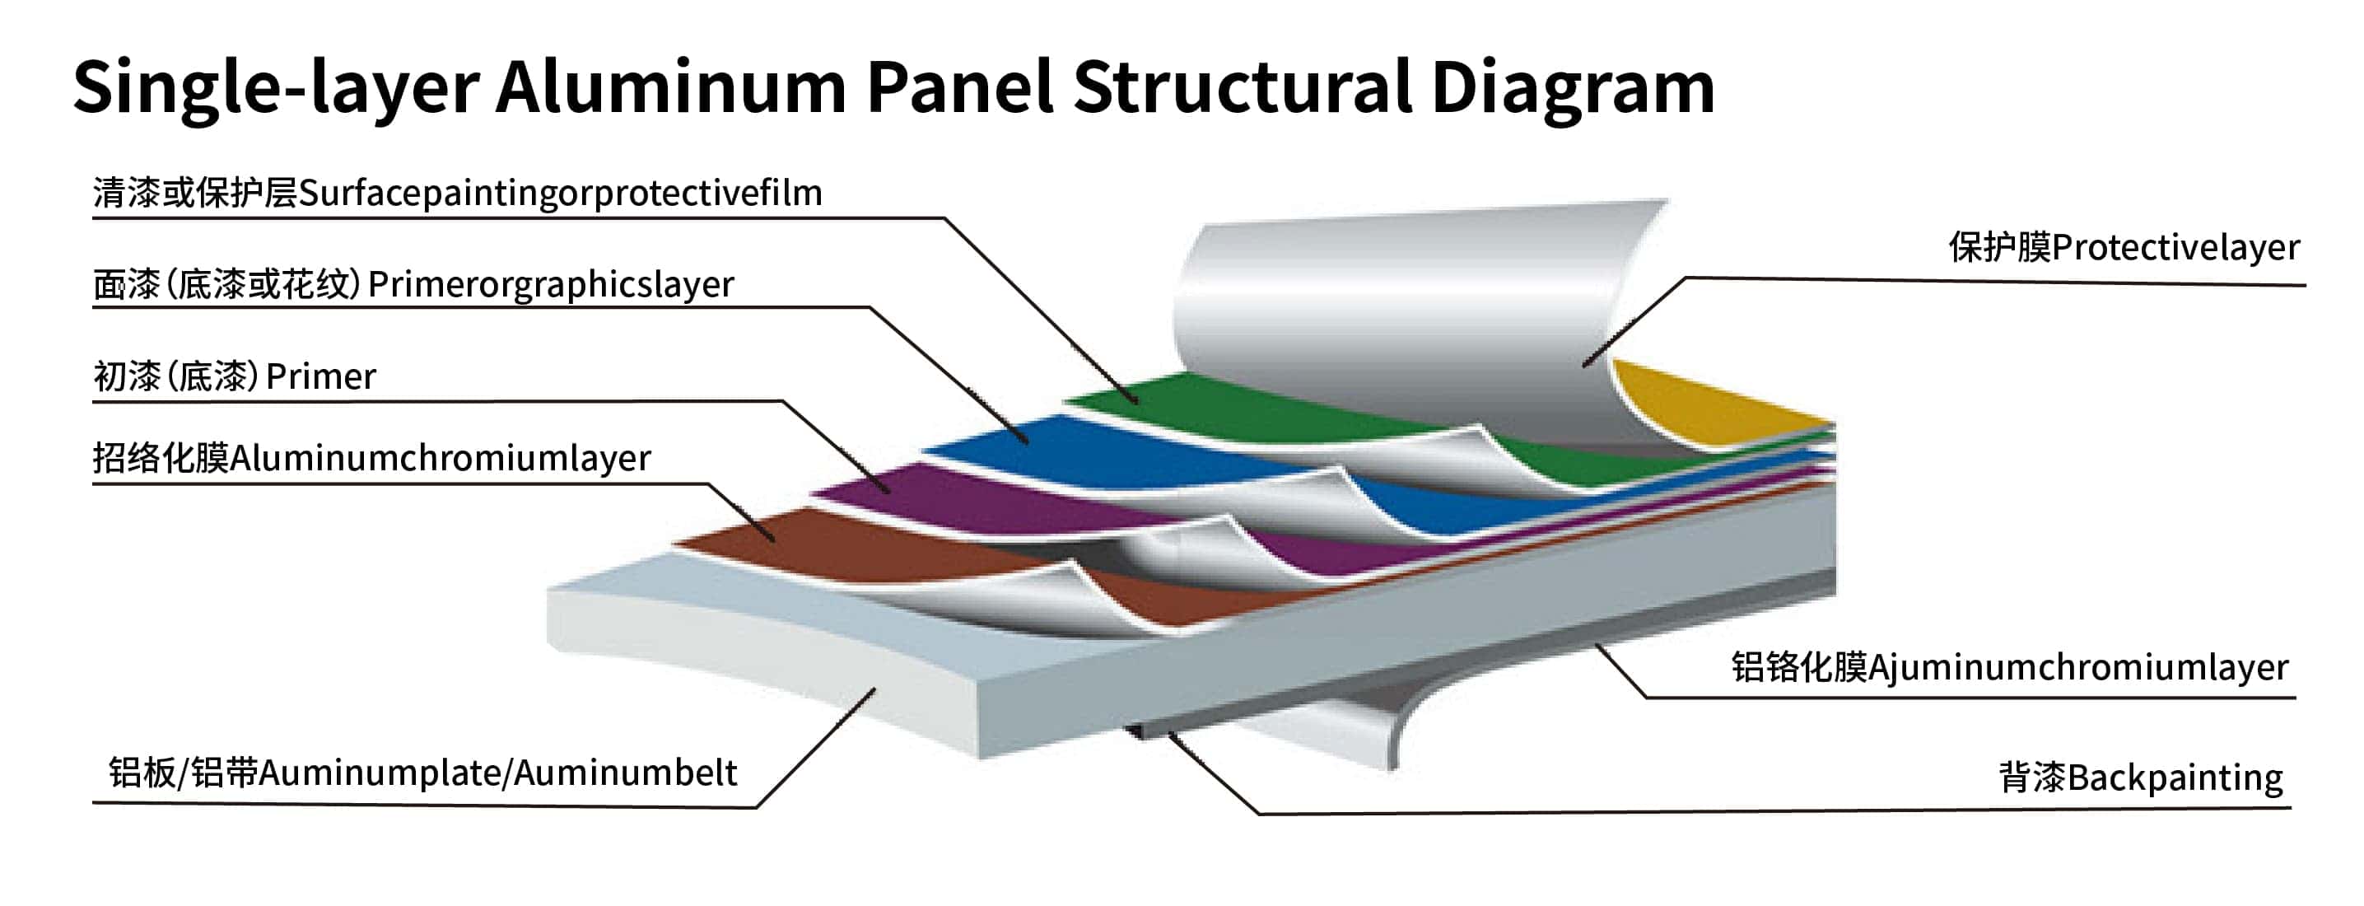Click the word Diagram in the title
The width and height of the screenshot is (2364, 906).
pyautogui.click(x=1571, y=87)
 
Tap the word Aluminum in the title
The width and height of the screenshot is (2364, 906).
pyautogui.click(x=670, y=87)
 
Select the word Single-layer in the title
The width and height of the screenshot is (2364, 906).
pyautogui.click(x=275, y=87)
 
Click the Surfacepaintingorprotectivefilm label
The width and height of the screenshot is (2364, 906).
pyautogui.click(x=560, y=193)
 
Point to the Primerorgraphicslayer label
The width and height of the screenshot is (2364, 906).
pyautogui.click(x=551, y=284)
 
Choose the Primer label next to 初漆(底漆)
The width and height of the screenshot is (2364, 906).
pyautogui.click(x=321, y=376)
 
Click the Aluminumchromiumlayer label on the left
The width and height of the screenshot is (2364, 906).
pyautogui.click(x=441, y=457)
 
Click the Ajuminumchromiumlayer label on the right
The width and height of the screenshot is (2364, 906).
pyautogui.click(x=2077, y=667)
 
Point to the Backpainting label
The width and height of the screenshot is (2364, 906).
pyautogui.click(x=2175, y=778)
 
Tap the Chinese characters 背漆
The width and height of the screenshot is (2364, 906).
pyautogui.click(x=2032, y=778)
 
